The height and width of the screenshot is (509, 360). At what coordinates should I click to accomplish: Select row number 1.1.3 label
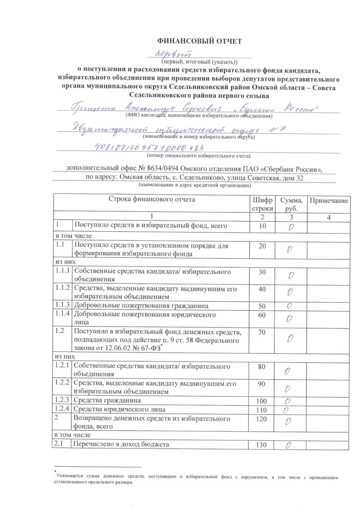click(62, 305)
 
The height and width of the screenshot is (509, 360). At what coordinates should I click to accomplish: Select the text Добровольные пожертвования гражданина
click(141, 305)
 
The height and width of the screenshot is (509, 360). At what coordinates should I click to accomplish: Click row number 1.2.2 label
click(62, 384)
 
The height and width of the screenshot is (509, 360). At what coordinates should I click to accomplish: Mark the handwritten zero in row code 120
click(288, 423)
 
